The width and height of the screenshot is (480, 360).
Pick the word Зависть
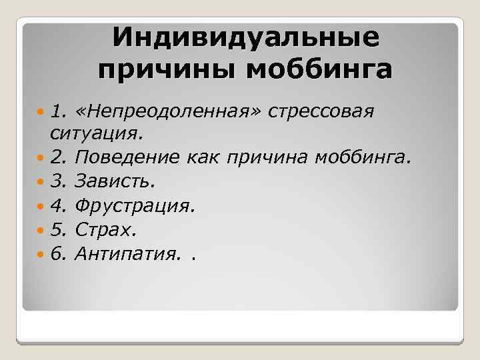click(115, 181)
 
